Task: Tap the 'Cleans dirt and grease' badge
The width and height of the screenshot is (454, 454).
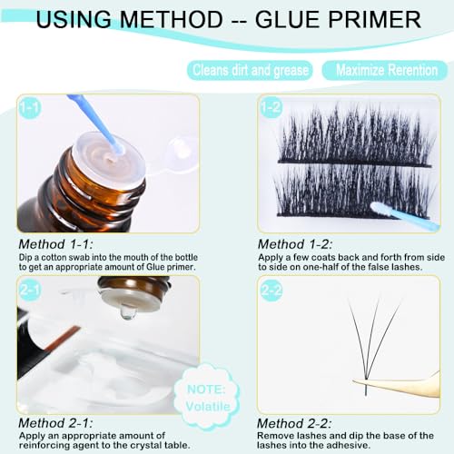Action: (x=250, y=70)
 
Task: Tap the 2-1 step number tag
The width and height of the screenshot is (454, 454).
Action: (x=30, y=289)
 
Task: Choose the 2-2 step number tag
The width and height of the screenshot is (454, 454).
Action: (x=271, y=289)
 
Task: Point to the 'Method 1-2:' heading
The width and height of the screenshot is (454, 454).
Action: (x=295, y=244)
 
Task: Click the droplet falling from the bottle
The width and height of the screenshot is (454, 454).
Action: (x=128, y=312)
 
